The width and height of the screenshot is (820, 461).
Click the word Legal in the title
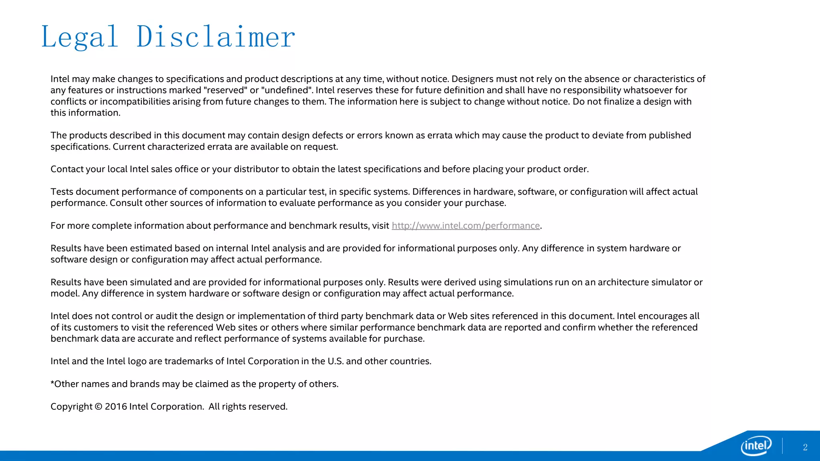[80, 37]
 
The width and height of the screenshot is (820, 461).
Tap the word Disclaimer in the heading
[215, 37]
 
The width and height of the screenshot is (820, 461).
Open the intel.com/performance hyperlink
[466, 226]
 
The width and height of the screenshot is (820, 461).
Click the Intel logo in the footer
[756, 445]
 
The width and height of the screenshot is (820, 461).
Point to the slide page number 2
[805, 447]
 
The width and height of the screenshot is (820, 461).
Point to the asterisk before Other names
[52, 383]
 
